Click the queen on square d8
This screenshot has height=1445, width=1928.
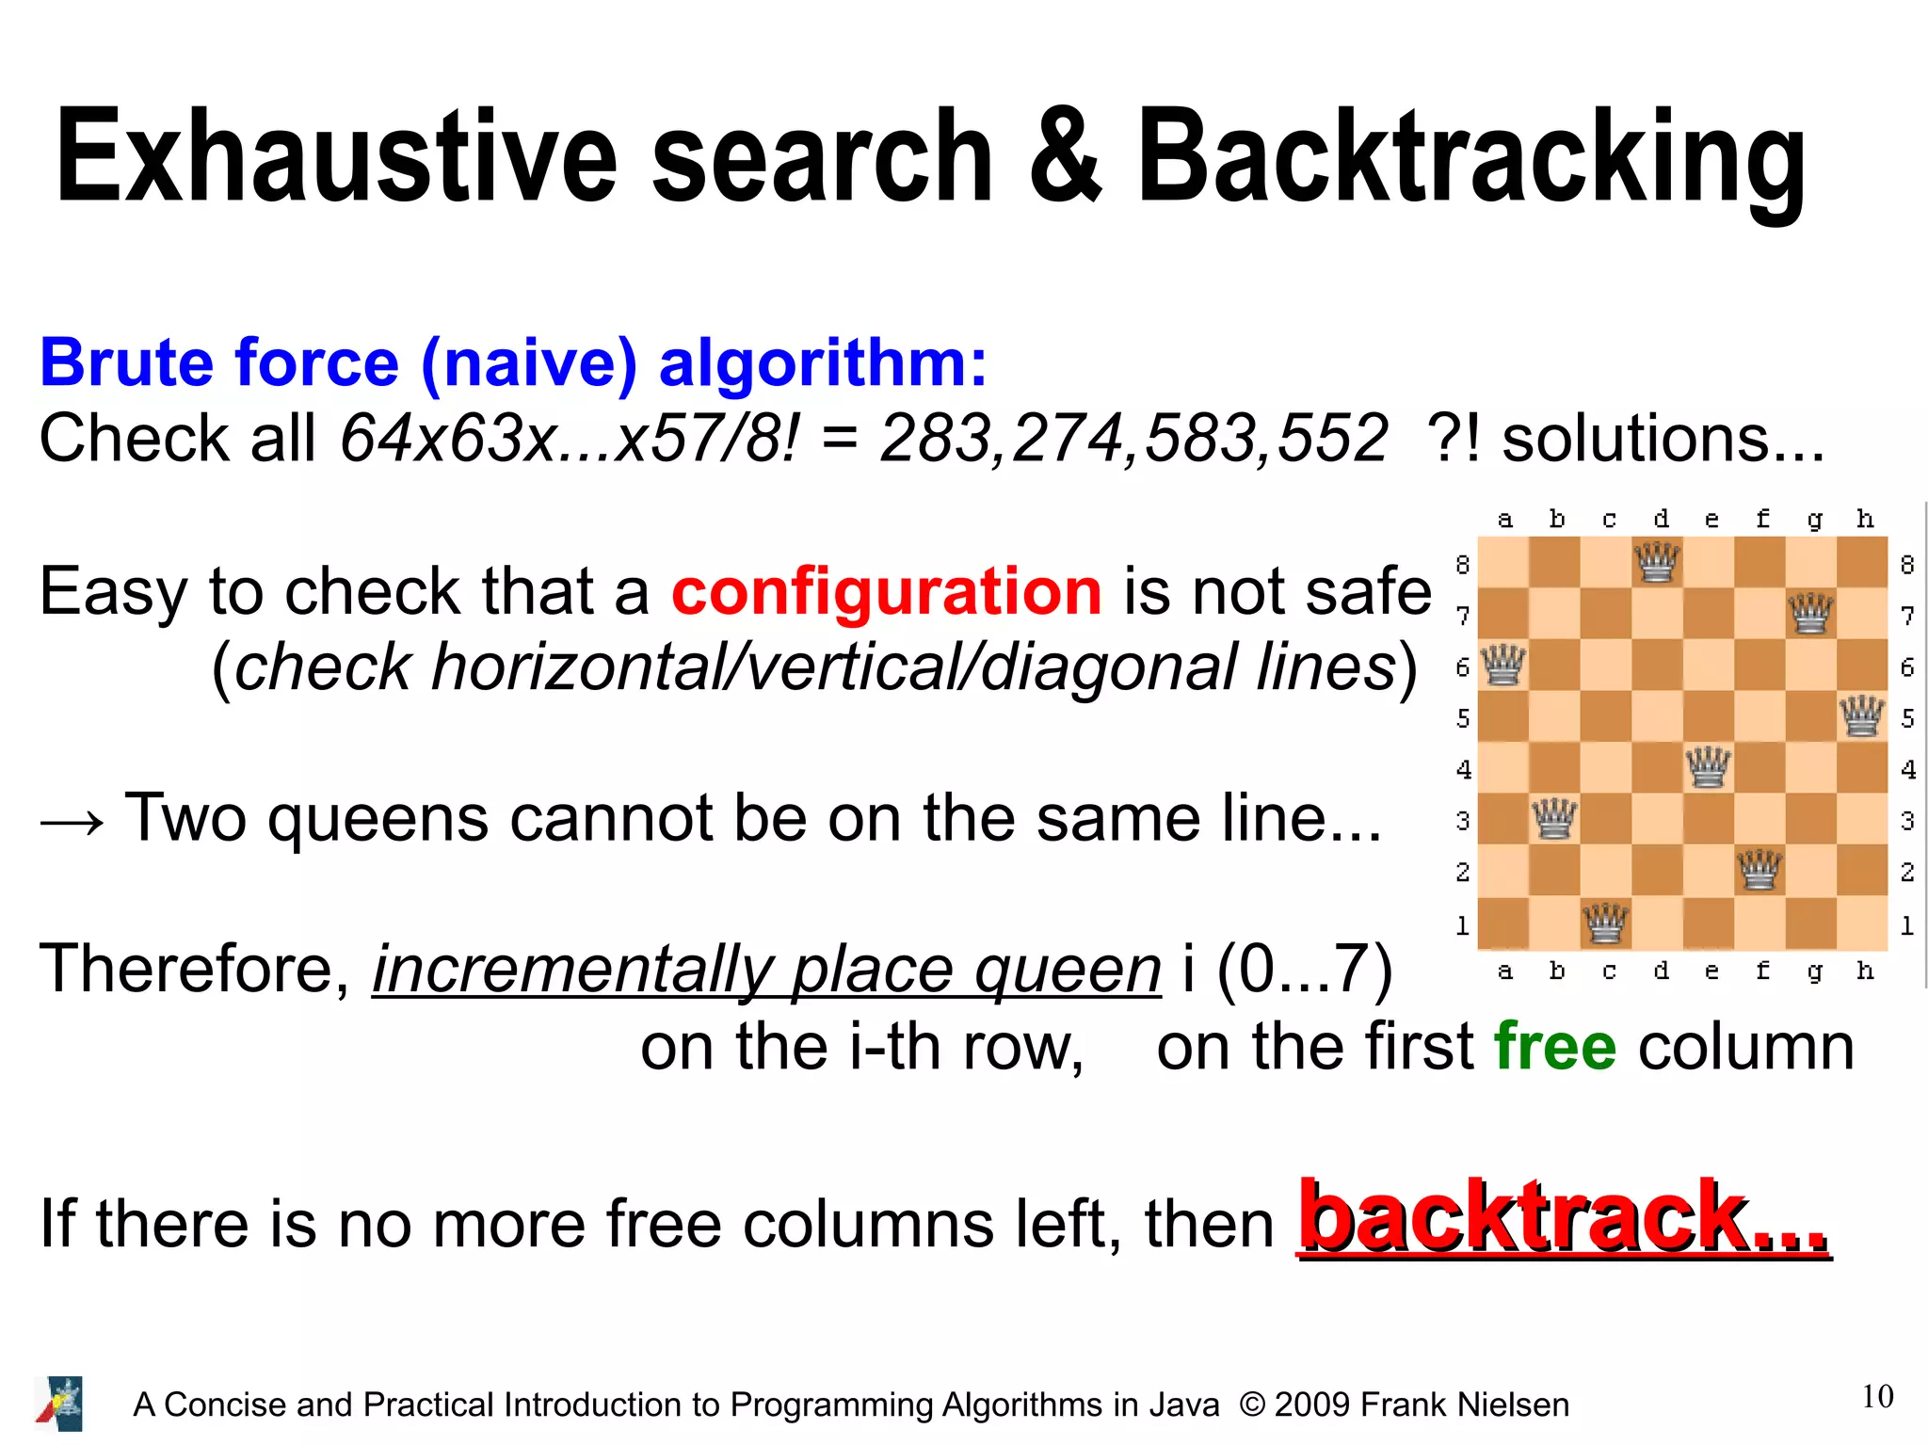coord(1657,563)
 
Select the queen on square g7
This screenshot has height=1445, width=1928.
coord(1810,614)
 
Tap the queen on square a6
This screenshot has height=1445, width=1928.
coord(1503,666)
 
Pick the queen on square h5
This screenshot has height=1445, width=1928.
coord(1862,716)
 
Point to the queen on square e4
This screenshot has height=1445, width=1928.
coord(1708,767)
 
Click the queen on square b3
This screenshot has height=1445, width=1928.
coord(1554,819)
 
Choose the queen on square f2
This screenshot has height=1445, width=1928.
coord(1759,870)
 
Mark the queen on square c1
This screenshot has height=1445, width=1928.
coord(1605,923)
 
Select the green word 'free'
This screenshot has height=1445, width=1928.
coord(1555,1048)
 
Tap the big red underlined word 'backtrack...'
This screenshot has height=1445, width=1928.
coord(1564,1218)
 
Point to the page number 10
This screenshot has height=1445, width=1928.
coord(1877,1397)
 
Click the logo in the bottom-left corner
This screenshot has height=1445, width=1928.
coord(59,1404)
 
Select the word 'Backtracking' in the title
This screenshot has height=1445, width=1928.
coord(1471,158)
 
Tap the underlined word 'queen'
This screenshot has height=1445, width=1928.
coord(1068,971)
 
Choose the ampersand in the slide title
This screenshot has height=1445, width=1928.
coord(1065,156)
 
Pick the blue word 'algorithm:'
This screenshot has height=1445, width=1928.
coord(823,363)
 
